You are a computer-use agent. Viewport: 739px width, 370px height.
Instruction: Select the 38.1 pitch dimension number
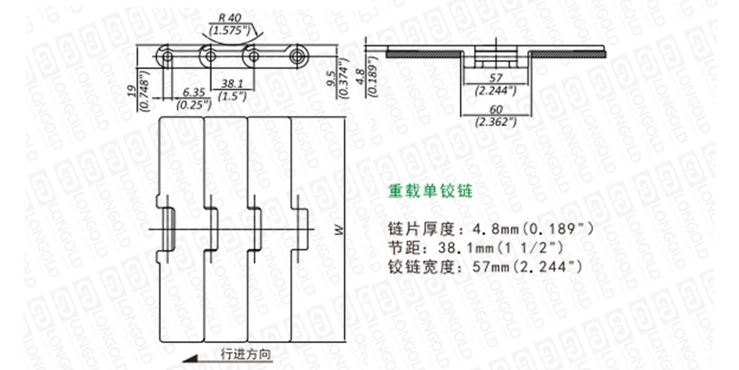pyautogui.click(x=229, y=82)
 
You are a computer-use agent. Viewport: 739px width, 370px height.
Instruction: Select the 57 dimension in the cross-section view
pyautogui.click(x=496, y=79)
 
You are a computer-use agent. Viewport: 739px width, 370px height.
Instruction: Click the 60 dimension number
pyautogui.click(x=496, y=110)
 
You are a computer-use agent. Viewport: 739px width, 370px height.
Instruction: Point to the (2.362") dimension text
pyautogui.click(x=496, y=122)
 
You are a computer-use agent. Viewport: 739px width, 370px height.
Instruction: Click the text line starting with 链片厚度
pyautogui.click(x=490, y=227)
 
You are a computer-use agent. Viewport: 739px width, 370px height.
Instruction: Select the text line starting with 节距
pyautogui.click(x=479, y=247)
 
